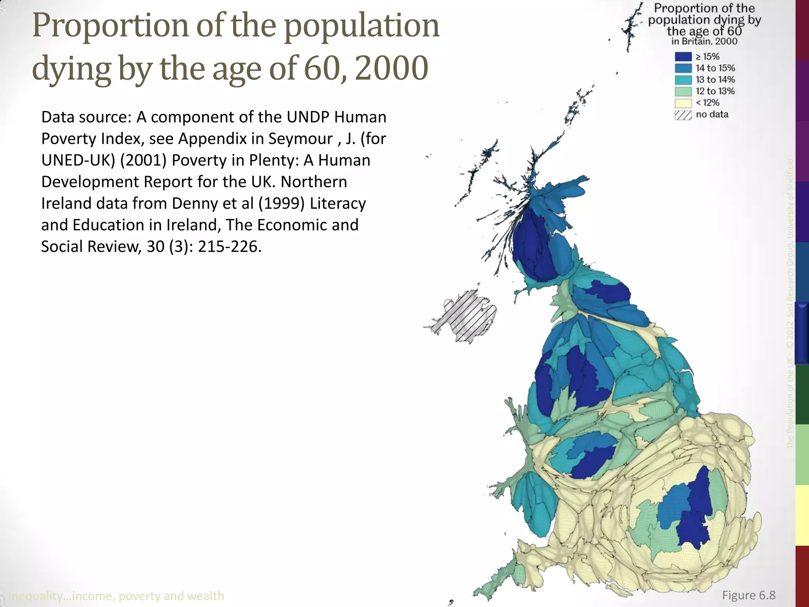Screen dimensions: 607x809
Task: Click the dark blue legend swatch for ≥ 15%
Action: [683, 57]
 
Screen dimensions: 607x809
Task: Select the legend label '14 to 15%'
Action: [715, 68]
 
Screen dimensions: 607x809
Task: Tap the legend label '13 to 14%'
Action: [715, 80]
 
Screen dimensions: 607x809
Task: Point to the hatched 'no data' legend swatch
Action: [683, 115]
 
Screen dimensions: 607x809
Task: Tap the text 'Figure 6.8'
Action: [749, 595]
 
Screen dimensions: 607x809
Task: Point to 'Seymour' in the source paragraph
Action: [300, 139]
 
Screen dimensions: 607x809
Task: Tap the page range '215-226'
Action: [229, 247]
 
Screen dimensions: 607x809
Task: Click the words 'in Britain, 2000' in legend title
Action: [704, 41]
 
